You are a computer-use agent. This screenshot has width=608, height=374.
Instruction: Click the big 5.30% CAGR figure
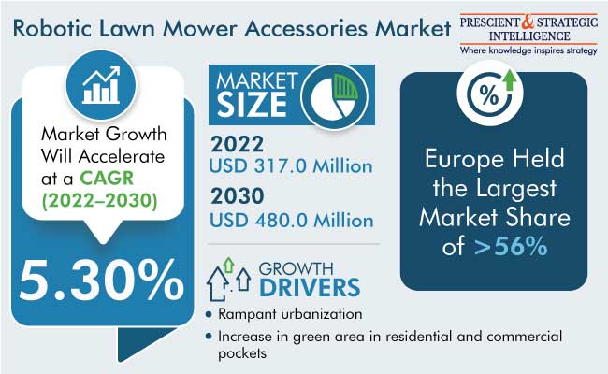click(101, 280)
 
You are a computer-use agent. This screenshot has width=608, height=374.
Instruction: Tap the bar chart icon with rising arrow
click(101, 85)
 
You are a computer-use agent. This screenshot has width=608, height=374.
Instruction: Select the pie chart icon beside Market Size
click(334, 96)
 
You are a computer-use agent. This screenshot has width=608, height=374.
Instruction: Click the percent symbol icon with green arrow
click(490, 92)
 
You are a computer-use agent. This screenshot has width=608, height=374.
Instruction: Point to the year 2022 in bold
click(237, 144)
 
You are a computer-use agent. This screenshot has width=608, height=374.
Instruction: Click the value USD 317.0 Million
click(291, 165)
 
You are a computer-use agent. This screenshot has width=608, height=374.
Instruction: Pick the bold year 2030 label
click(238, 195)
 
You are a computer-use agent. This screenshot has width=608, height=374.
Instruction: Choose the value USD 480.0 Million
click(292, 220)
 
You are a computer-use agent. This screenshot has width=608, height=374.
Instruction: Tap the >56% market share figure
click(511, 246)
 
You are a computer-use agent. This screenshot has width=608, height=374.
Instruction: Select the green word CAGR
click(107, 179)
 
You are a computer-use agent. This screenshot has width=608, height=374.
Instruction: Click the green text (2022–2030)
click(100, 201)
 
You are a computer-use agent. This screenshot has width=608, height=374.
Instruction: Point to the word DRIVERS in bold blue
click(310, 287)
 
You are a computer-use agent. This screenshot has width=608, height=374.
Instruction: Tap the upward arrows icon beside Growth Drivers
click(228, 279)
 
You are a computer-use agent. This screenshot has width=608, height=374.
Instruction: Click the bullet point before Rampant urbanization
click(209, 314)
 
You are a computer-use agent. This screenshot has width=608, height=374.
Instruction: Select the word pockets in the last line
click(242, 353)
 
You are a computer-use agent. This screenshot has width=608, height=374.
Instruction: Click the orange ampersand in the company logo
click(528, 22)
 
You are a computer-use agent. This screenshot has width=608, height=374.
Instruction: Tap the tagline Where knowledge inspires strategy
click(528, 50)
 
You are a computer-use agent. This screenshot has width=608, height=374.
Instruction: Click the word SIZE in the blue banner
click(252, 105)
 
